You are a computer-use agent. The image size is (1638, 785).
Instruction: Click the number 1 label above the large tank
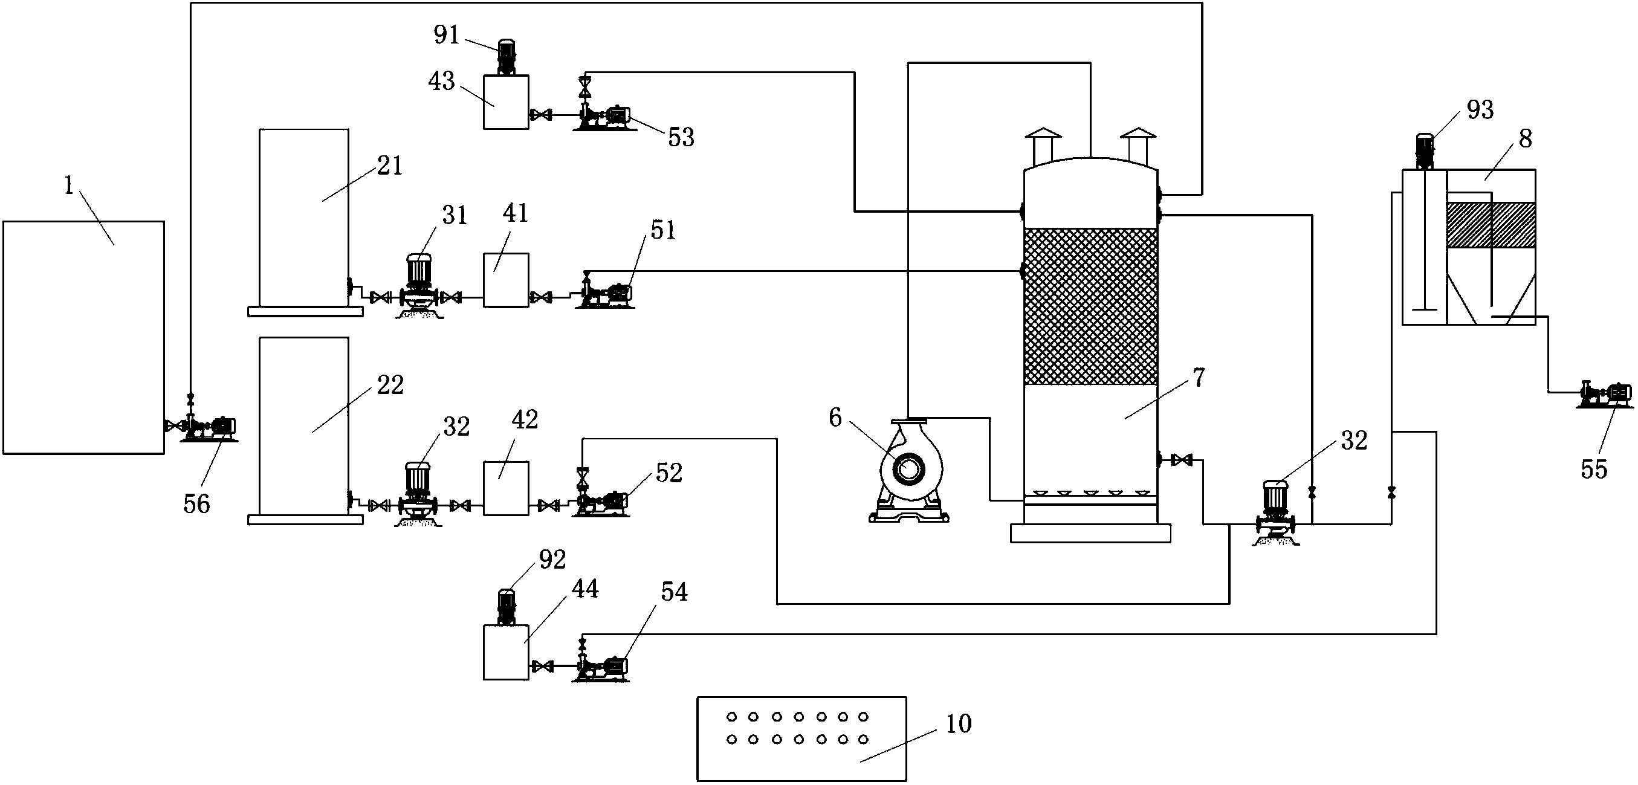click(69, 186)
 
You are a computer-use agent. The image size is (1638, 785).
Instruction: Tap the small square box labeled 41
click(506, 280)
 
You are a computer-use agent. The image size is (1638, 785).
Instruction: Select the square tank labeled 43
click(506, 102)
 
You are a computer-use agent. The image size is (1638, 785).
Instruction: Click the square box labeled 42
click(506, 488)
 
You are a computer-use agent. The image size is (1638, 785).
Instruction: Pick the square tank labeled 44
click(506, 652)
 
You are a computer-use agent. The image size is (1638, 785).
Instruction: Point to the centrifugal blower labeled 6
click(908, 470)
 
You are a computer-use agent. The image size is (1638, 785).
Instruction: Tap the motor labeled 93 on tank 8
click(1425, 152)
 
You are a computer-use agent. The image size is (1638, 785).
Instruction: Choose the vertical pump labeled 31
click(419, 286)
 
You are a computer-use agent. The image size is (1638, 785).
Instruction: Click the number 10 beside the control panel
click(959, 723)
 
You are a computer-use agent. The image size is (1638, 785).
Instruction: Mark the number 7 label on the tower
click(1199, 378)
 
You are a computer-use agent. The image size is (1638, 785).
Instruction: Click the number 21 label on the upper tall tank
click(390, 166)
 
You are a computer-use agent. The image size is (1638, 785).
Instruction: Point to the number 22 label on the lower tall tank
click(390, 384)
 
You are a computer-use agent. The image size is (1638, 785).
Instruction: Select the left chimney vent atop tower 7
click(1043, 146)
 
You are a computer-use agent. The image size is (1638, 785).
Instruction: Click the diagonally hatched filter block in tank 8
click(1491, 224)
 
